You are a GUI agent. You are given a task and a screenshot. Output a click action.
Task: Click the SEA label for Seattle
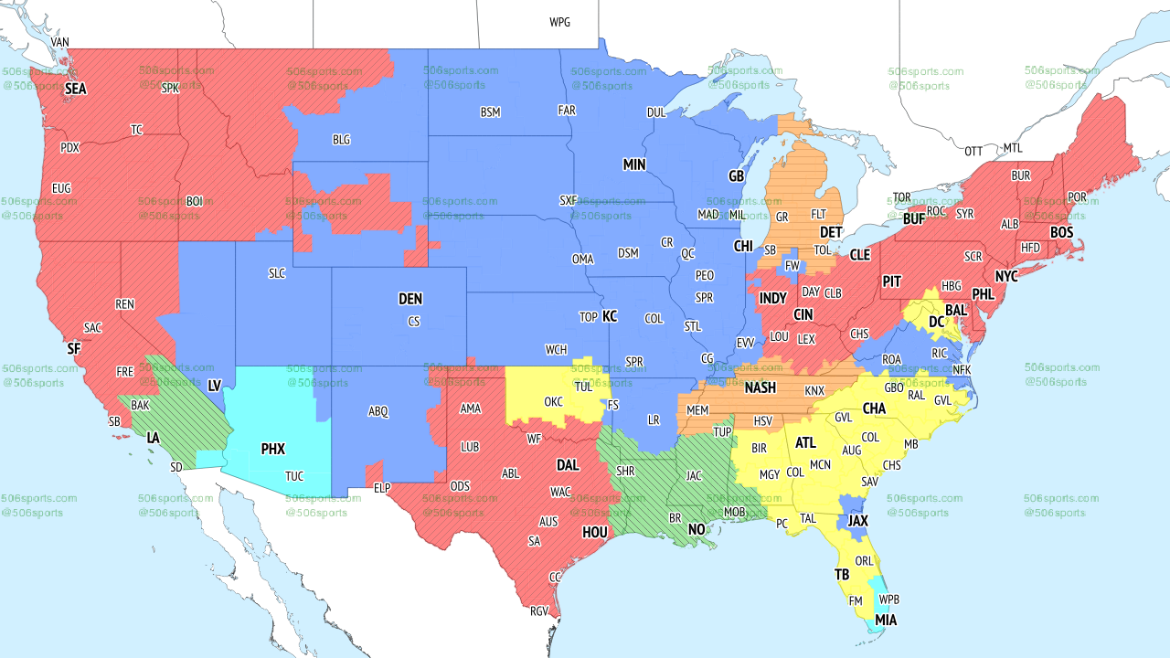pyautogui.click(x=75, y=90)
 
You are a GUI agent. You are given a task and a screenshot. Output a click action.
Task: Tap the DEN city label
pyautogui.click(x=410, y=299)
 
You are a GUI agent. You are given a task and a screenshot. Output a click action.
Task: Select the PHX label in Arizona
pyautogui.click(x=272, y=449)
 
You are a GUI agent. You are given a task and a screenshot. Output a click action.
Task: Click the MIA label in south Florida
pyautogui.click(x=885, y=621)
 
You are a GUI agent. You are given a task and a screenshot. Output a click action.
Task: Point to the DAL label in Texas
pyautogui.click(x=568, y=465)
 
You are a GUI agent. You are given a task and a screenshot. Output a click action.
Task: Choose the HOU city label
pyautogui.click(x=594, y=532)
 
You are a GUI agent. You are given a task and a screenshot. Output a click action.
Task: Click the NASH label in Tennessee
pyautogui.click(x=760, y=387)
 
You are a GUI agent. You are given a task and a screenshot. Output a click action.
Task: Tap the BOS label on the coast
pyautogui.click(x=1061, y=233)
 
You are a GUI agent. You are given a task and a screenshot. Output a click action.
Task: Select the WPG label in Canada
pyautogui.click(x=559, y=22)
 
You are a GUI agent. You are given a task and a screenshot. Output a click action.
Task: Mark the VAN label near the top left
pyautogui.click(x=60, y=42)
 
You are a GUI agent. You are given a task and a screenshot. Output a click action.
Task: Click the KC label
pyautogui.click(x=610, y=316)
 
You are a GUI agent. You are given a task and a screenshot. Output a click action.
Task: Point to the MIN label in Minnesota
pyautogui.click(x=634, y=165)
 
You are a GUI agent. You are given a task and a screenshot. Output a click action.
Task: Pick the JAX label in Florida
pyautogui.click(x=857, y=520)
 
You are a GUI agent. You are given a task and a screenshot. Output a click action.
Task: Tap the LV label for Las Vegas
pyautogui.click(x=215, y=386)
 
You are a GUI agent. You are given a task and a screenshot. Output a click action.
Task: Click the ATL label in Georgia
pyautogui.click(x=805, y=443)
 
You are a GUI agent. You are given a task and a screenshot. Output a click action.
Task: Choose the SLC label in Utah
pyautogui.click(x=277, y=273)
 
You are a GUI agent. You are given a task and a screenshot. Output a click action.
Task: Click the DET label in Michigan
pyautogui.click(x=831, y=233)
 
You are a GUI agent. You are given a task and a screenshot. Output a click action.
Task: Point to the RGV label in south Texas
pyautogui.click(x=538, y=611)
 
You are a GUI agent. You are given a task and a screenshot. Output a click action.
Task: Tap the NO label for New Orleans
pyautogui.click(x=697, y=529)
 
